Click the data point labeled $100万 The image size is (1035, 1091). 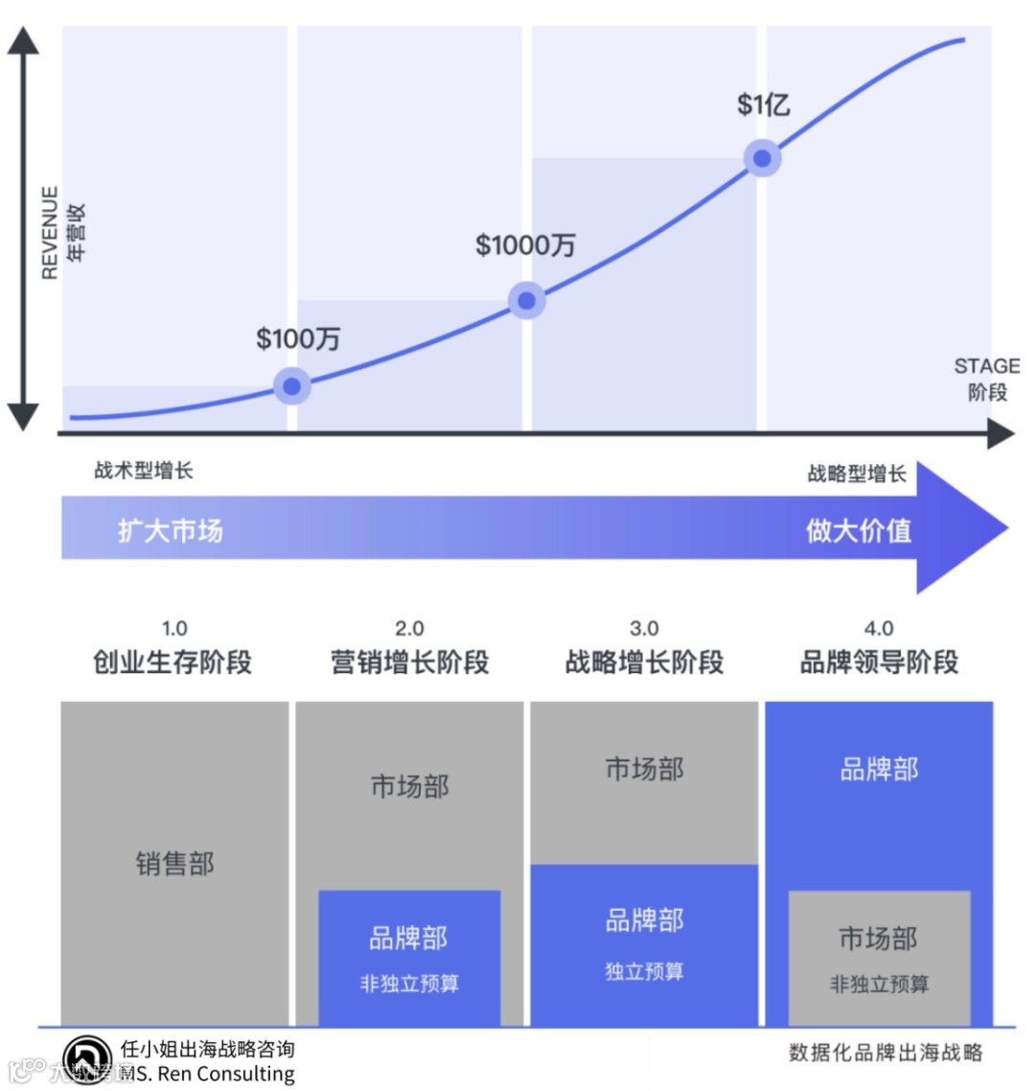click(x=292, y=386)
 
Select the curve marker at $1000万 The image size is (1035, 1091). click(x=526, y=301)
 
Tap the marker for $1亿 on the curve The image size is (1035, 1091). click(x=762, y=158)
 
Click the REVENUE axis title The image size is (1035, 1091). click(x=50, y=233)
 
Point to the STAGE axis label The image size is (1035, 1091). click(x=986, y=366)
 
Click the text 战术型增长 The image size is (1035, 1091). click(x=144, y=471)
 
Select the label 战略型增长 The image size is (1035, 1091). click(x=857, y=474)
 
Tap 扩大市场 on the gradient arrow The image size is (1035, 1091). click(x=171, y=530)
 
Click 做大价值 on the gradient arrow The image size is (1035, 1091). click(x=859, y=530)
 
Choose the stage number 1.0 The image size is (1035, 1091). click(x=174, y=629)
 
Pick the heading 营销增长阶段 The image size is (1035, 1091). click(x=409, y=662)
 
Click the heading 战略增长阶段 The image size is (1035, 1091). click(x=644, y=662)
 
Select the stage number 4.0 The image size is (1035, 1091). click(x=879, y=629)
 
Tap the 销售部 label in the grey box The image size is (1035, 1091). click(x=174, y=864)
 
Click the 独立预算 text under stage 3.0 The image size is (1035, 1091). click(x=644, y=971)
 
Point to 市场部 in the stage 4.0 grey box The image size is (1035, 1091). click(x=879, y=939)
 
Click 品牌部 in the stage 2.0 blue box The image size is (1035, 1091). click(x=408, y=938)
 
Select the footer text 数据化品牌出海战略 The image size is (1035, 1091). click(x=885, y=1053)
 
